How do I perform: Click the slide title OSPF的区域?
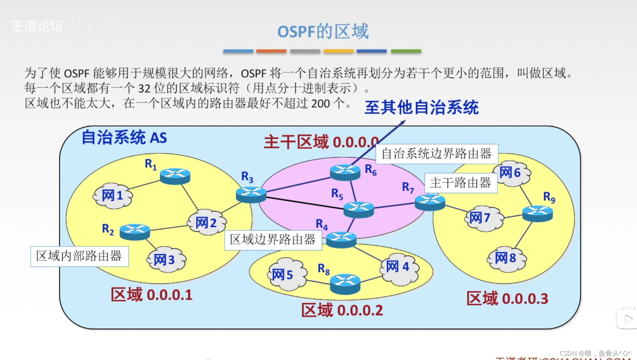(323, 31)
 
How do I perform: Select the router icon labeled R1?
(175, 176)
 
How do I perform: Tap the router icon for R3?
(251, 194)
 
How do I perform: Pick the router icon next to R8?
(345, 284)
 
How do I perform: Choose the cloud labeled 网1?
(113, 196)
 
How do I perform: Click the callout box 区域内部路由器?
(80, 256)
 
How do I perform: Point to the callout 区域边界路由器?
(273, 239)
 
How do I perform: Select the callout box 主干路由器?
(461, 183)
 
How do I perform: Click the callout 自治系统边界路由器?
(436, 154)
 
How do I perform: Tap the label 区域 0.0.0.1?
(151, 295)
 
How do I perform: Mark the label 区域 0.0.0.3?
(507, 298)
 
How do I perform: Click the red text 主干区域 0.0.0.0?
(321, 142)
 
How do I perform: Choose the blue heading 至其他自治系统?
(421, 107)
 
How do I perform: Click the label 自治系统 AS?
(124, 138)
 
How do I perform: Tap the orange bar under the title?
(271, 51)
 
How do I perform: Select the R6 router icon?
(345, 172)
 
